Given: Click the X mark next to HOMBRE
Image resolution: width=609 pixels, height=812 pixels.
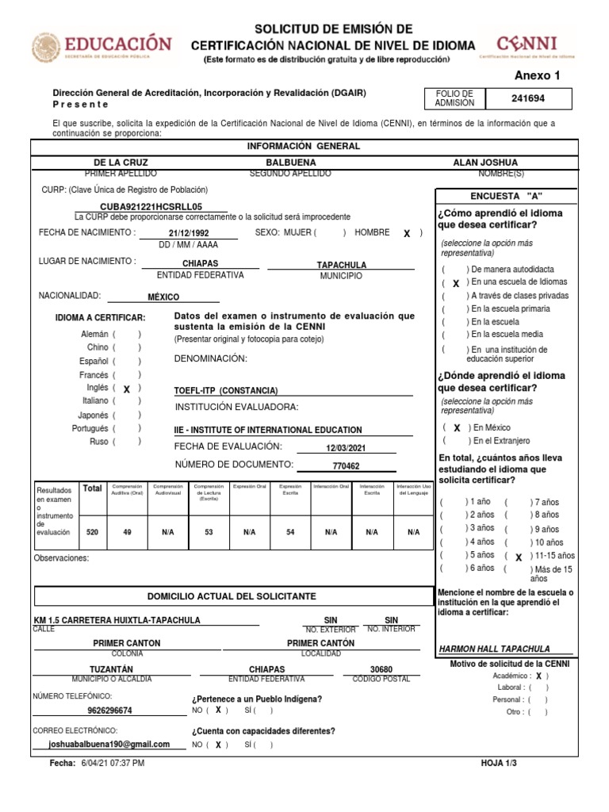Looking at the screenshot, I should pos(407,234).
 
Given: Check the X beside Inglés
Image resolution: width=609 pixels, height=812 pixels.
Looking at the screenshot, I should pos(126,389).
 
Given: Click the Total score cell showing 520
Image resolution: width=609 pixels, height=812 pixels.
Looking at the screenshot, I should pos(93,532).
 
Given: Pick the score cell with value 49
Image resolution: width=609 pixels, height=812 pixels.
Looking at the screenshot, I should pos(126,532).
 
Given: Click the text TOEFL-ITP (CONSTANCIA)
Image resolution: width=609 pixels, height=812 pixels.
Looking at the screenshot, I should pos(226,391).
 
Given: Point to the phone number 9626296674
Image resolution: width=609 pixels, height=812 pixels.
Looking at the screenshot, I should pos(109,710).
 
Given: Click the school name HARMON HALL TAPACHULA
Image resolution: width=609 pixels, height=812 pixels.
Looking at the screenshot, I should pos(493,649).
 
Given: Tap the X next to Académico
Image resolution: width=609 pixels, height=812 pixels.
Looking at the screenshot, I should pos(538,676).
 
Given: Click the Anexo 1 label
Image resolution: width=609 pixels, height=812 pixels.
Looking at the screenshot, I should pos(537,76).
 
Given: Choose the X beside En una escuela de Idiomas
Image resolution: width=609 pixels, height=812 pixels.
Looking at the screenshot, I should pos(455,282).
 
